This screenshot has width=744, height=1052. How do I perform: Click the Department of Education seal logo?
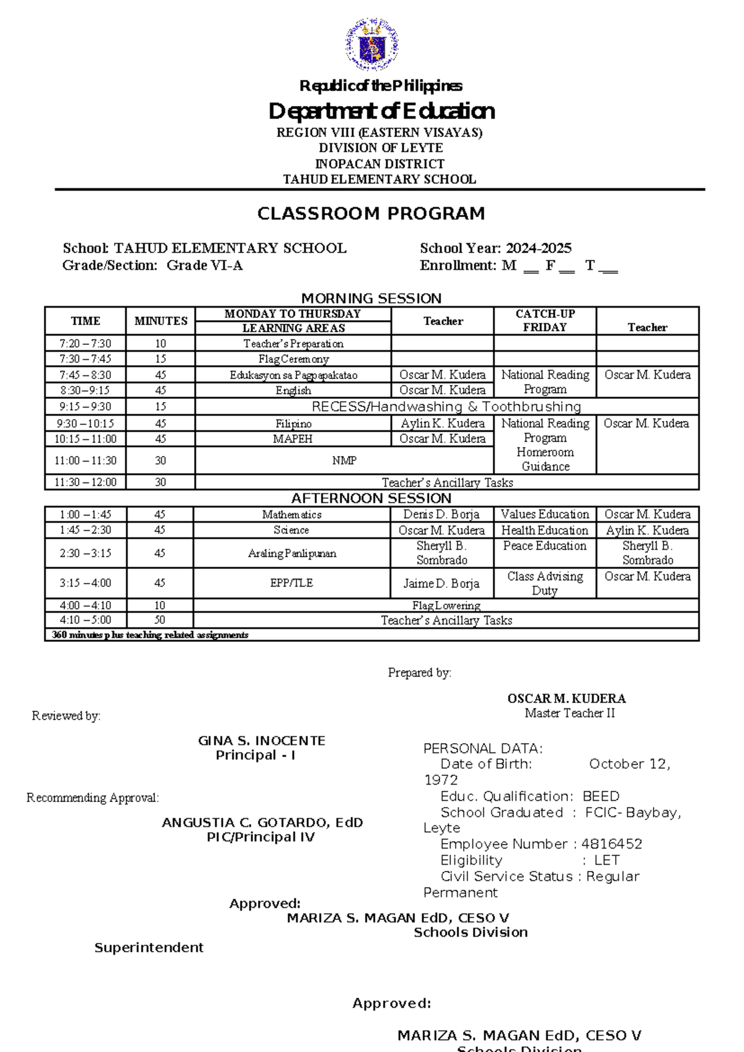tap(371, 45)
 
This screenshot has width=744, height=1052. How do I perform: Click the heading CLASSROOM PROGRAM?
tap(371, 213)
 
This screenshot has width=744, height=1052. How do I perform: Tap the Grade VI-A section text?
tap(205, 265)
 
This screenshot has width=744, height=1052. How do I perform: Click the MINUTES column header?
tap(161, 321)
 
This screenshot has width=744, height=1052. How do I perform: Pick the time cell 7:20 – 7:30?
tap(86, 344)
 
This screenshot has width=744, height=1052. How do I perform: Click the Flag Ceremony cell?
tap(293, 359)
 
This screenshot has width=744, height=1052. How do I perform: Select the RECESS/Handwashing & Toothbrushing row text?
tap(446, 407)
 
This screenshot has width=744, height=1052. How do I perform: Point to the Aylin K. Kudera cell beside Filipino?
tap(443, 423)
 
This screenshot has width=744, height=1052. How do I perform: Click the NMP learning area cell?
tap(344, 460)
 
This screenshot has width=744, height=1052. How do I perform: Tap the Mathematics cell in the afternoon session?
tap(291, 514)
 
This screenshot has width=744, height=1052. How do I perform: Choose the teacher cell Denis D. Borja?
tap(441, 514)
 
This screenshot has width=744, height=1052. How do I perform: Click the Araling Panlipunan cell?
tap(291, 553)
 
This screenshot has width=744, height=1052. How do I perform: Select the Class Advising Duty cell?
tap(545, 583)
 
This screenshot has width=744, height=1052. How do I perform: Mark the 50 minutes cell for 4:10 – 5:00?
tap(159, 620)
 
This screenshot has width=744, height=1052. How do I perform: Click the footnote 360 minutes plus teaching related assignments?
tap(150, 635)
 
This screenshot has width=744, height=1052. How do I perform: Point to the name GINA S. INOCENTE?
tap(262, 741)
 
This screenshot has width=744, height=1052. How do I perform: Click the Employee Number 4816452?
tap(541, 844)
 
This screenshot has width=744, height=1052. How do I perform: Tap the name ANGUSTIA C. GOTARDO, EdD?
tap(262, 822)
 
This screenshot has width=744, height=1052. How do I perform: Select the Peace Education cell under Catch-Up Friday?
tap(545, 546)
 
